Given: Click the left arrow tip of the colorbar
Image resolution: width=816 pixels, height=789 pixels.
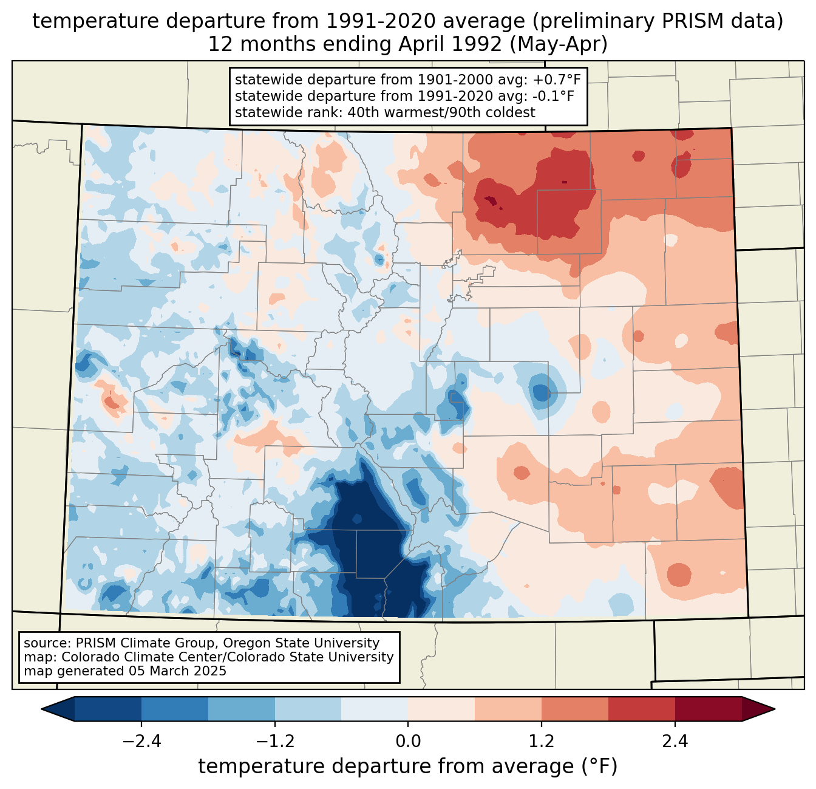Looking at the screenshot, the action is click(x=41, y=709).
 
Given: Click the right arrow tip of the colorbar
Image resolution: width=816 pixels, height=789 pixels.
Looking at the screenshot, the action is click(x=775, y=709).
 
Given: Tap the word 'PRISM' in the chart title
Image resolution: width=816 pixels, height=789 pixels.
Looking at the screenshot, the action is click(x=682, y=21).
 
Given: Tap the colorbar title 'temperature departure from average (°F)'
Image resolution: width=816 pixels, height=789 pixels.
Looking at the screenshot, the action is click(x=408, y=766).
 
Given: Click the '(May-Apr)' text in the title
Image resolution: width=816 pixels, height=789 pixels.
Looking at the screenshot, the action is click(x=559, y=44).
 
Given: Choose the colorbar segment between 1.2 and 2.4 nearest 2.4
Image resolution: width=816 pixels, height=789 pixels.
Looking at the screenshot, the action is click(x=642, y=709).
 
